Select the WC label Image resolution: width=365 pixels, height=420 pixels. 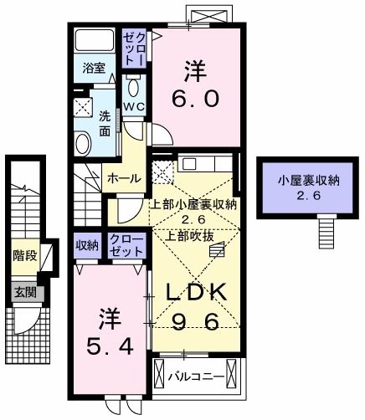[134, 106]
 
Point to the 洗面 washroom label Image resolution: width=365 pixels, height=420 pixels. [104, 123]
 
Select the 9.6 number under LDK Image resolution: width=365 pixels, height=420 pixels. [197, 321]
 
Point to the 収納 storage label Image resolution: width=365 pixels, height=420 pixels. [87, 244]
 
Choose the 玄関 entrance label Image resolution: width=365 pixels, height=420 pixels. [23, 293]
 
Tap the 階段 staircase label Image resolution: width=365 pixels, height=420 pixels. [25, 255]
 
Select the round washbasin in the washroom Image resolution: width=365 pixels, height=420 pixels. [83, 143]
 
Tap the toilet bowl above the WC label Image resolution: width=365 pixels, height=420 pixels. [135, 87]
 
